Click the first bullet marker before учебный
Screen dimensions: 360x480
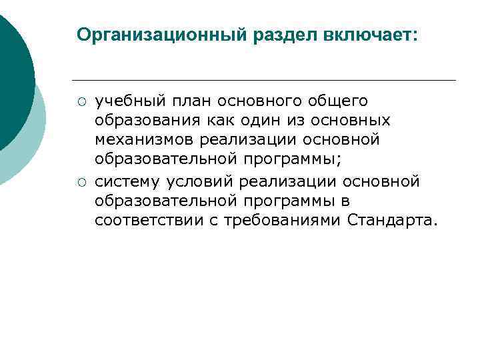[80, 102]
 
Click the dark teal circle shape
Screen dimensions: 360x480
[13, 80]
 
